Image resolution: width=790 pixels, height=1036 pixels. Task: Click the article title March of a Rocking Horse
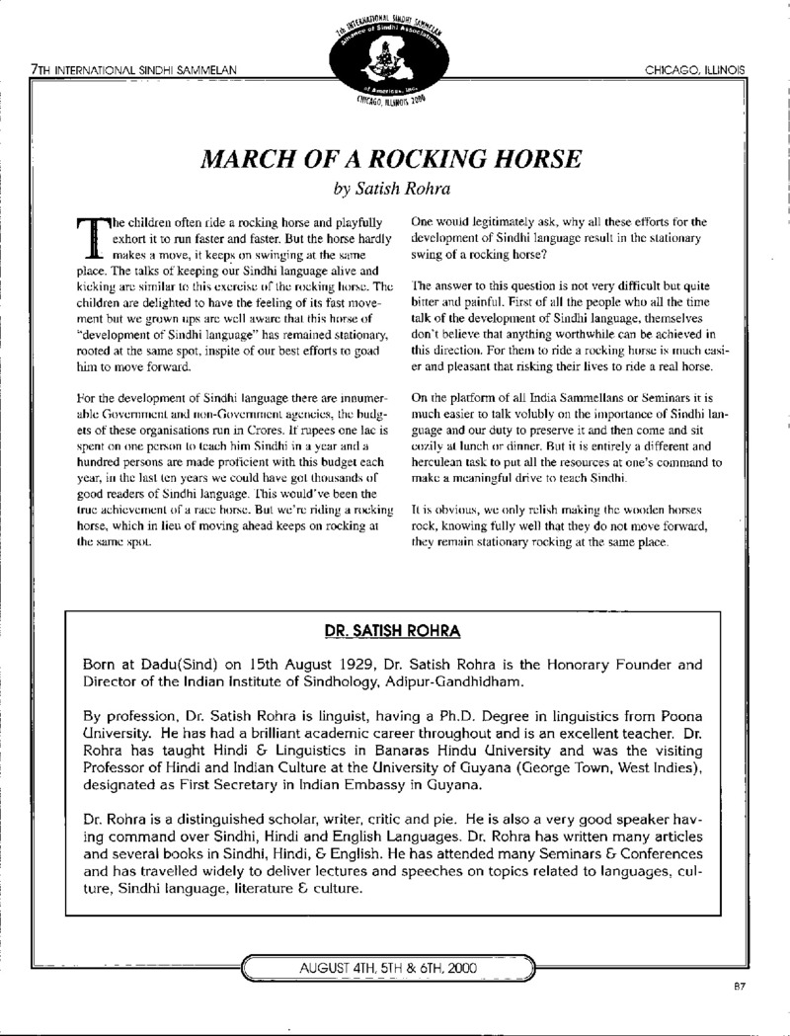pos(393,159)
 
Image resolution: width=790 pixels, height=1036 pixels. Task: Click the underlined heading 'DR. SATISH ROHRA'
pos(394,630)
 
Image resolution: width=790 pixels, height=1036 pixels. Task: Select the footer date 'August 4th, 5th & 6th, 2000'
pos(388,969)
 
